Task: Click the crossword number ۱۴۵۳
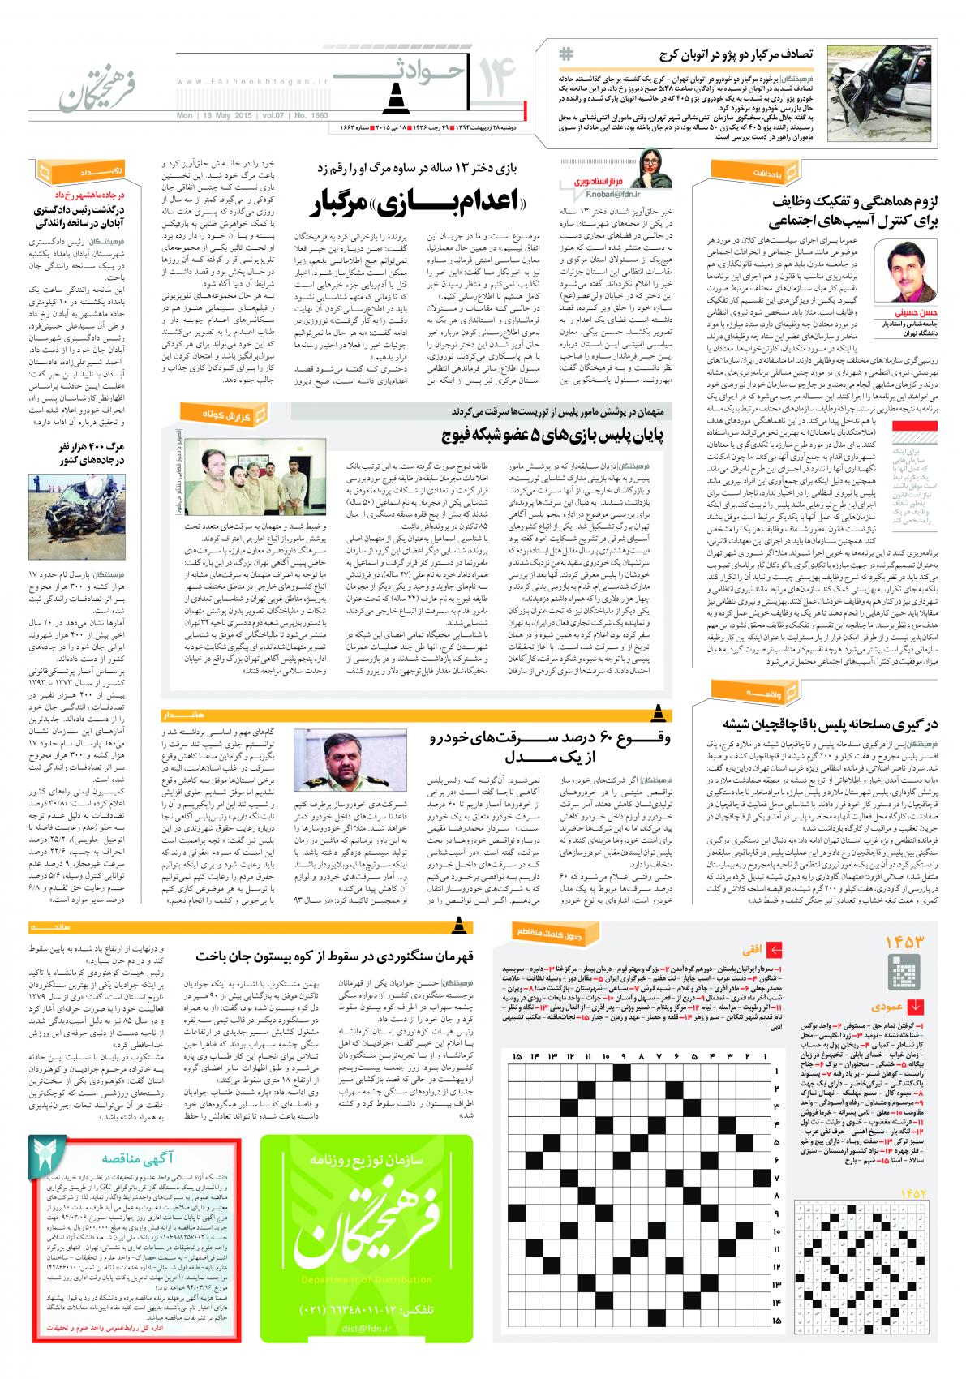(x=904, y=941)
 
